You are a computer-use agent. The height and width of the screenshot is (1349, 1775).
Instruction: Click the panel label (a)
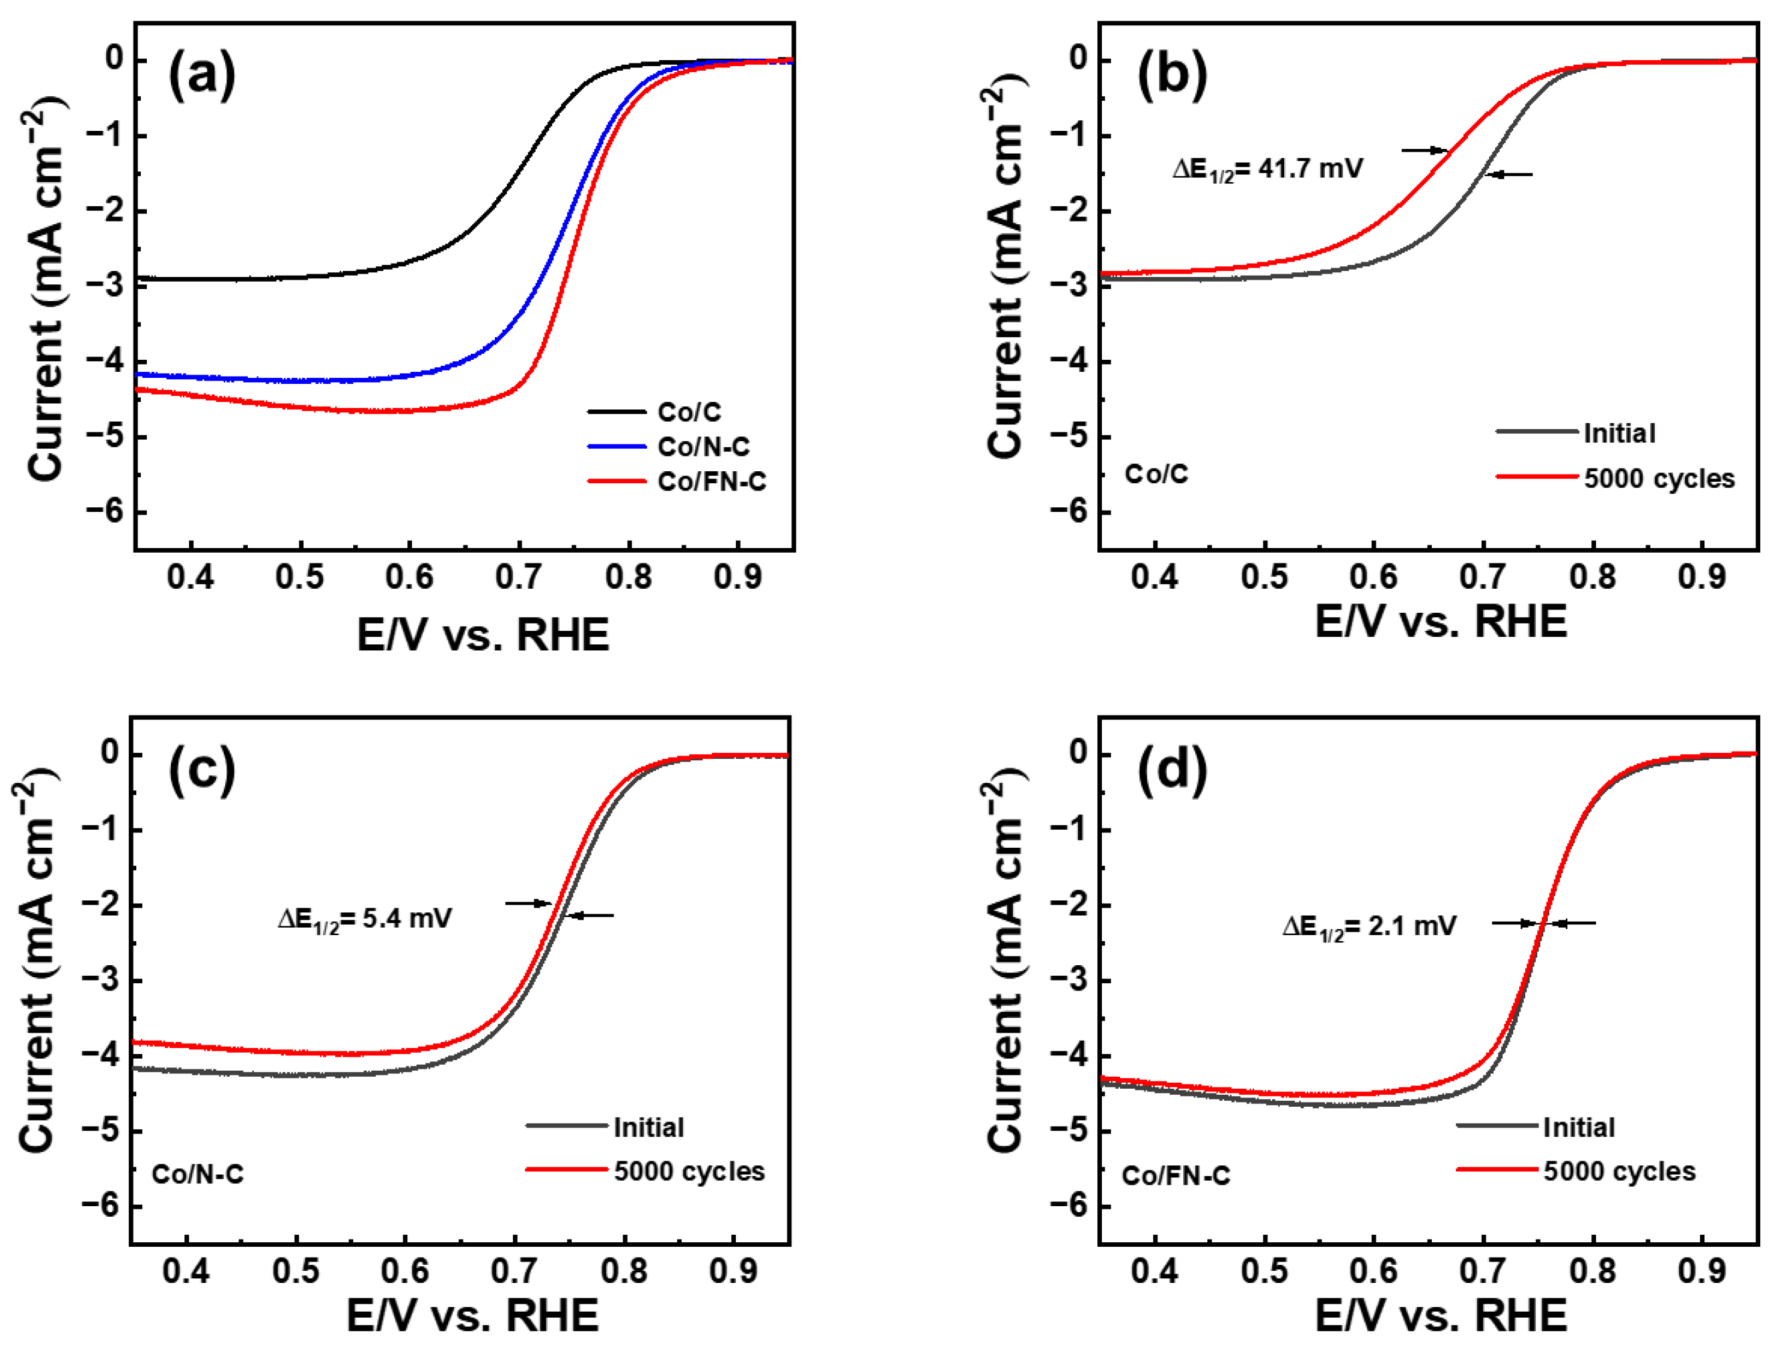coord(202,75)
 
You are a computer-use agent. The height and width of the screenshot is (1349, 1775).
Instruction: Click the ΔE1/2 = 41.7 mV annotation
coord(1267,170)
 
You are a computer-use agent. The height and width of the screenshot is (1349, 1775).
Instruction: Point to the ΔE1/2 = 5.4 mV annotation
coord(365,918)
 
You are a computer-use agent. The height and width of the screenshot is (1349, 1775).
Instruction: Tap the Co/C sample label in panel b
coord(1156,475)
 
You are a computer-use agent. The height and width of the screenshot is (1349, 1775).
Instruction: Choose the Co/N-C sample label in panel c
coord(198,1175)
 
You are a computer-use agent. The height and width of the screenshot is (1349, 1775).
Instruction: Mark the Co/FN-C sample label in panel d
coord(1176,1176)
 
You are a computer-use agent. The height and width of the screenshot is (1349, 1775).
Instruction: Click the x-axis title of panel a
coord(483,635)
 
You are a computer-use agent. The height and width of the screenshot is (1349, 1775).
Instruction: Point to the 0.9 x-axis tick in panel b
coord(1701,577)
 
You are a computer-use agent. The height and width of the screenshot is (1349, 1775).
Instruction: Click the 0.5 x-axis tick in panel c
coord(297,1271)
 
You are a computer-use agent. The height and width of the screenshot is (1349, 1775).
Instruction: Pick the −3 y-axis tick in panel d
coord(1070,981)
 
